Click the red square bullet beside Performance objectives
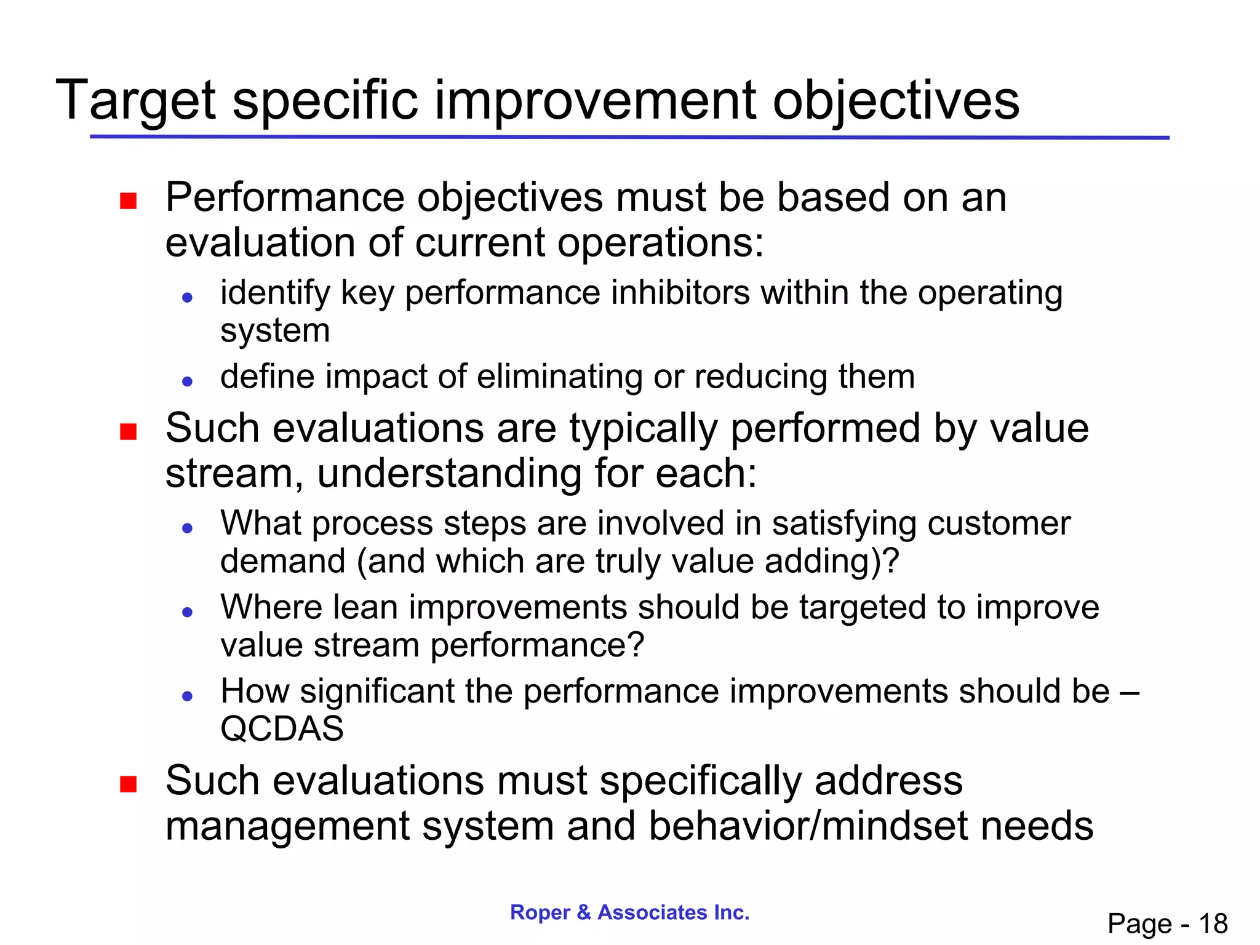pos(128,201)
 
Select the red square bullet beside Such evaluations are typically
pos(128,432)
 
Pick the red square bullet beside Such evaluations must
pos(128,784)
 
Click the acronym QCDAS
pos(282,729)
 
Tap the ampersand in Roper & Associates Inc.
pos(584,912)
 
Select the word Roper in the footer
pos(540,912)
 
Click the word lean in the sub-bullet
pos(365,607)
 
